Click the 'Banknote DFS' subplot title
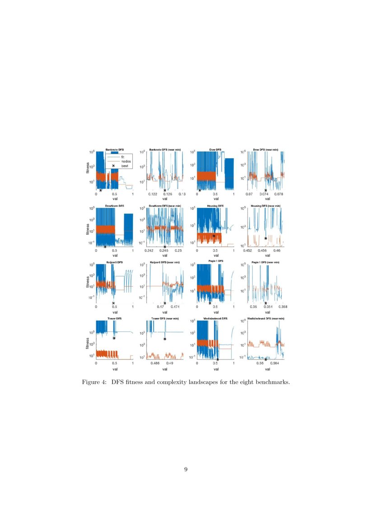click(x=115, y=150)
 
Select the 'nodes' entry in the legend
click(x=126, y=161)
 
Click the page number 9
click(x=186, y=470)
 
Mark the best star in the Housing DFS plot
click(x=214, y=236)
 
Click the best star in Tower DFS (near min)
click(x=165, y=339)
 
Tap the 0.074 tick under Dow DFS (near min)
click(x=266, y=194)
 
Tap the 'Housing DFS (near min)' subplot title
click(x=266, y=206)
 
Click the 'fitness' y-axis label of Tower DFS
click(x=88, y=342)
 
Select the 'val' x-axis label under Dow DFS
click(x=216, y=198)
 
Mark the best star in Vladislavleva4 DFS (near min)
click(x=266, y=359)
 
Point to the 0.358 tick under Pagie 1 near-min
click(x=283, y=306)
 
